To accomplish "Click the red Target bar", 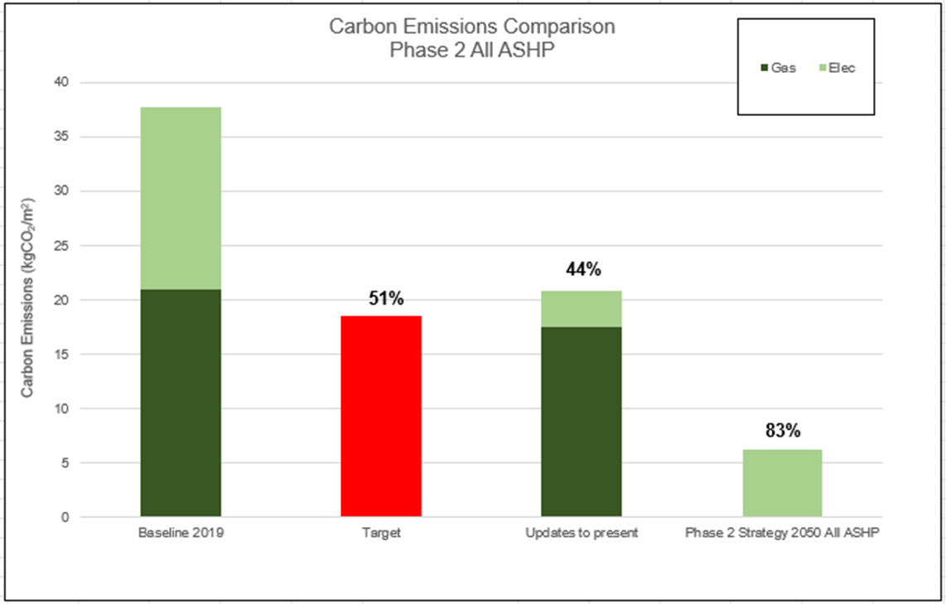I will tap(381, 416).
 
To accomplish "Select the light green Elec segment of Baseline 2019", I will tap(181, 198).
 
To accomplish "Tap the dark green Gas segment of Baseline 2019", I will tap(181, 403).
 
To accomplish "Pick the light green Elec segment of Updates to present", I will tap(582, 309).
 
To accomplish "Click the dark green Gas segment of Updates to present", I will tap(582, 422).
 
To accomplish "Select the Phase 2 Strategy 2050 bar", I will tap(781, 483).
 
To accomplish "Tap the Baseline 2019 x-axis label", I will tap(181, 534).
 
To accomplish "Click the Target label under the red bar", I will tap(381, 534).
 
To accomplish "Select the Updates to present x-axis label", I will tap(582, 534).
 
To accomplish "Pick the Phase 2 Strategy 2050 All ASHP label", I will tap(782, 534).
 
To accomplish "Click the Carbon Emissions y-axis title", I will tap(27, 298).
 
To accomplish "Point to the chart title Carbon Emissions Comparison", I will tap(472, 27).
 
